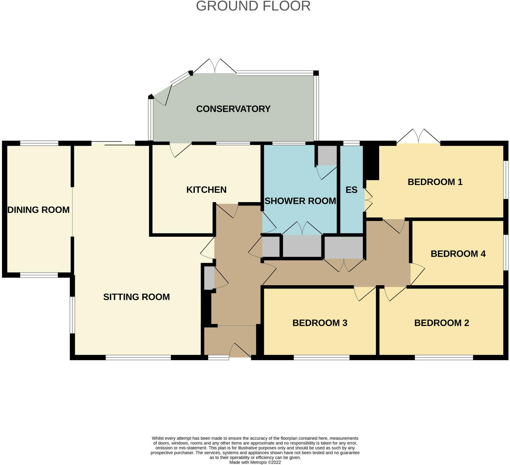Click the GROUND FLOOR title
point(253,6)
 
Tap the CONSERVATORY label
point(233,109)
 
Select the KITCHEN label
point(206,190)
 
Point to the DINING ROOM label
point(38,210)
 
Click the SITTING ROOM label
point(136,297)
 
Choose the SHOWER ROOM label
point(300,201)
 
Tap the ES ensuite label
point(351,190)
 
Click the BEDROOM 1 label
point(435,182)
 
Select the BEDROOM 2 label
point(441,323)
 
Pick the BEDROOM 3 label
point(320,323)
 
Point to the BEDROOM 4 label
point(458,254)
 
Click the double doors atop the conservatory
point(215,66)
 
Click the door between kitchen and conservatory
point(180,149)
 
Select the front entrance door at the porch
point(240,350)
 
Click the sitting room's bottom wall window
point(138,357)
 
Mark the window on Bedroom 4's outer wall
point(506,252)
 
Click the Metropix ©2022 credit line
point(255,462)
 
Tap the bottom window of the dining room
point(39,275)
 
